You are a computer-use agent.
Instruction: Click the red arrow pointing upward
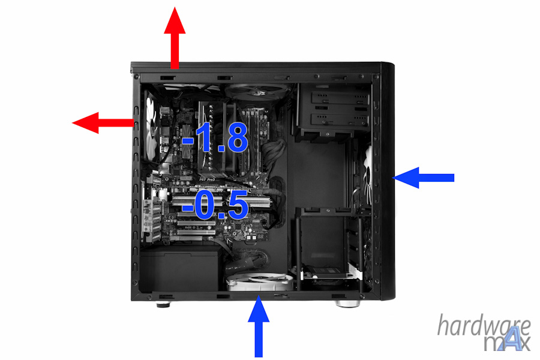(x=175, y=38)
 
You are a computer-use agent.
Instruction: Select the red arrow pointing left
(x=103, y=122)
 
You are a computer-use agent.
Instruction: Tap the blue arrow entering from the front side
(x=423, y=178)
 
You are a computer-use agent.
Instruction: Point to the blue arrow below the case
(x=259, y=327)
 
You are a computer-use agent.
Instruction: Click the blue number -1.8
(x=215, y=137)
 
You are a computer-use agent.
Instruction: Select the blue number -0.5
(x=215, y=205)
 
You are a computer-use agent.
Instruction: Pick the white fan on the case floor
(x=260, y=281)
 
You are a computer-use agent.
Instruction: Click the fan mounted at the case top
(x=257, y=91)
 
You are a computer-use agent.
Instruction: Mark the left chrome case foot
(x=163, y=305)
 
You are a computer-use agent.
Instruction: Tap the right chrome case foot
(x=347, y=304)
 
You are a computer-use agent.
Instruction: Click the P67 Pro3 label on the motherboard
(x=208, y=179)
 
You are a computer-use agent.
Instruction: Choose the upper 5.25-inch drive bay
(x=340, y=99)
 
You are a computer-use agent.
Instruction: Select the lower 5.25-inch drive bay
(x=340, y=120)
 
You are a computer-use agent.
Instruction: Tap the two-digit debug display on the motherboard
(x=260, y=236)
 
